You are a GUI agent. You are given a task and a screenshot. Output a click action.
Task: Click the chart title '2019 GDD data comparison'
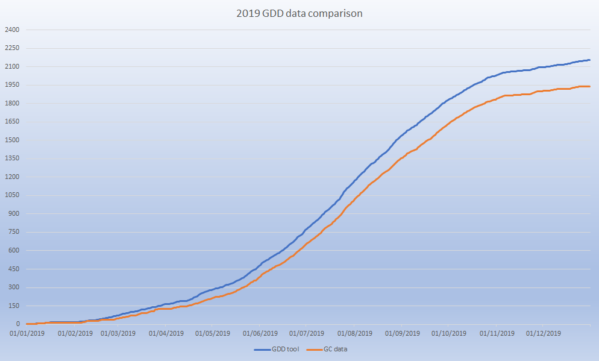pyautogui.click(x=299, y=13)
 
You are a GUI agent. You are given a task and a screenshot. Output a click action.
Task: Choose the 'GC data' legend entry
pyautogui.click(x=328, y=349)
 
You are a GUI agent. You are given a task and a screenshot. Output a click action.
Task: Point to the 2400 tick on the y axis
pyautogui.click(x=12, y=30)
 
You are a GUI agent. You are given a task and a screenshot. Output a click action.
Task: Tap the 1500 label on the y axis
pyautogui.click(x=12, y=140)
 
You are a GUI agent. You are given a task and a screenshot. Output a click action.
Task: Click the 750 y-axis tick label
pyautogui.click(x=13, y=232)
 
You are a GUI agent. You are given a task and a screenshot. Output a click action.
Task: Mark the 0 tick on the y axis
pyautogui.click(x=17, y=324)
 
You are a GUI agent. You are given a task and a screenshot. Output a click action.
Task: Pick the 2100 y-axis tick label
pyautogui.click(x=12, y=66)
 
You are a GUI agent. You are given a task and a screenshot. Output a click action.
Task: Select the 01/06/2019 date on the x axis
pyautogui.click(x=260, y=333)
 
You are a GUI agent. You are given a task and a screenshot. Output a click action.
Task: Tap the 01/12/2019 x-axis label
pyautogui.click(x=544, y=333)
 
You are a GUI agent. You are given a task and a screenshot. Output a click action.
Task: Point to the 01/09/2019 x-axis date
pyautogui.click(x=403, y=333)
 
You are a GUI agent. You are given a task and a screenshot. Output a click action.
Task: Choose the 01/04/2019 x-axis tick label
pyautogui.click(x=166, y=333)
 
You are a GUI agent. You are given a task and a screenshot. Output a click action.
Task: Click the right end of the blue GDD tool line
pyautogui.click(x=589, y=60)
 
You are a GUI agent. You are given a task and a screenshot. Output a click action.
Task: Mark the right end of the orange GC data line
pyautogui.click(x=589, y=87)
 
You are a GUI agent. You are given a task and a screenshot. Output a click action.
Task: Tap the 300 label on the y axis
pyautogui.click(x=13, y=287)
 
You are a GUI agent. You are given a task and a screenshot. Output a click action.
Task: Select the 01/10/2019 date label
pyautogui.click(x=449, y=333)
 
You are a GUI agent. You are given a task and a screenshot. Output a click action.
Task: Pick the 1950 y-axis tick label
pyautogui.click(x=12, y=85)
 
